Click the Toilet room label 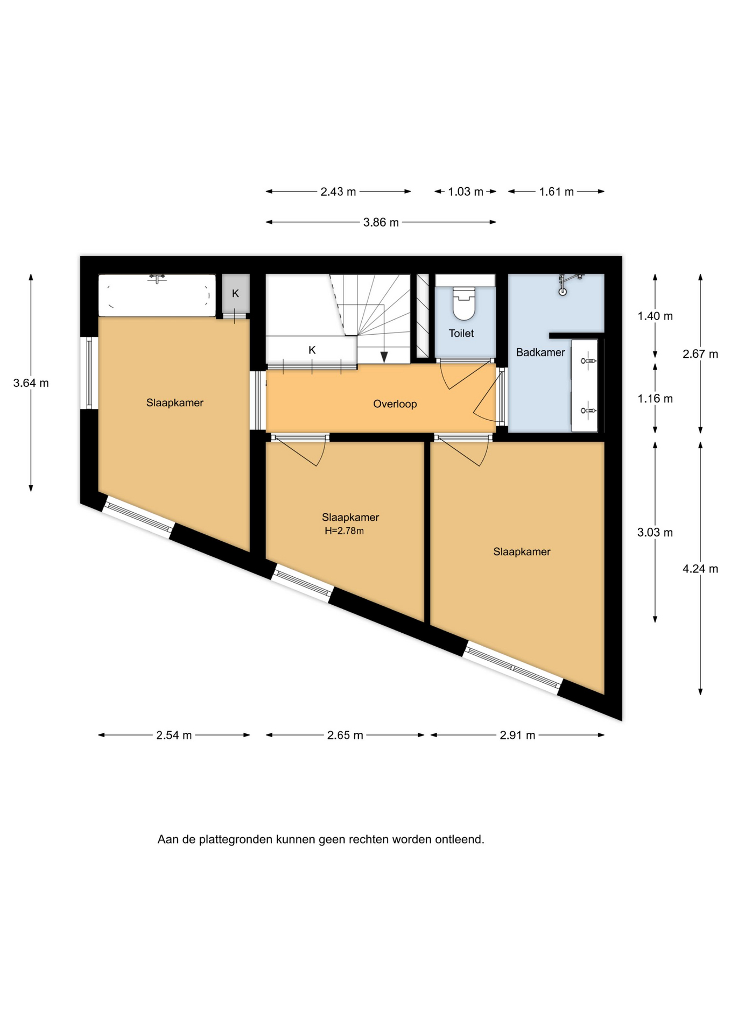461,334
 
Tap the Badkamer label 540,352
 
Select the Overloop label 395,404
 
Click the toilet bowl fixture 464,303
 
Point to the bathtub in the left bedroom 157,295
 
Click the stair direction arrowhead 384,357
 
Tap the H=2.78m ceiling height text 344,531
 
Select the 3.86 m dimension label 381,222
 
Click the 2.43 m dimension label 338,192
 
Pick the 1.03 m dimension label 466,192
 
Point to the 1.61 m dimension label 557,192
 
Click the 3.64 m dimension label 31,383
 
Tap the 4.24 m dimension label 700,569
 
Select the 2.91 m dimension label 517,735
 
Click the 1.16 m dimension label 655,399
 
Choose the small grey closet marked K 236,294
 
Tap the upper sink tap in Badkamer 588,360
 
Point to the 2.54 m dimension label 174,735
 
